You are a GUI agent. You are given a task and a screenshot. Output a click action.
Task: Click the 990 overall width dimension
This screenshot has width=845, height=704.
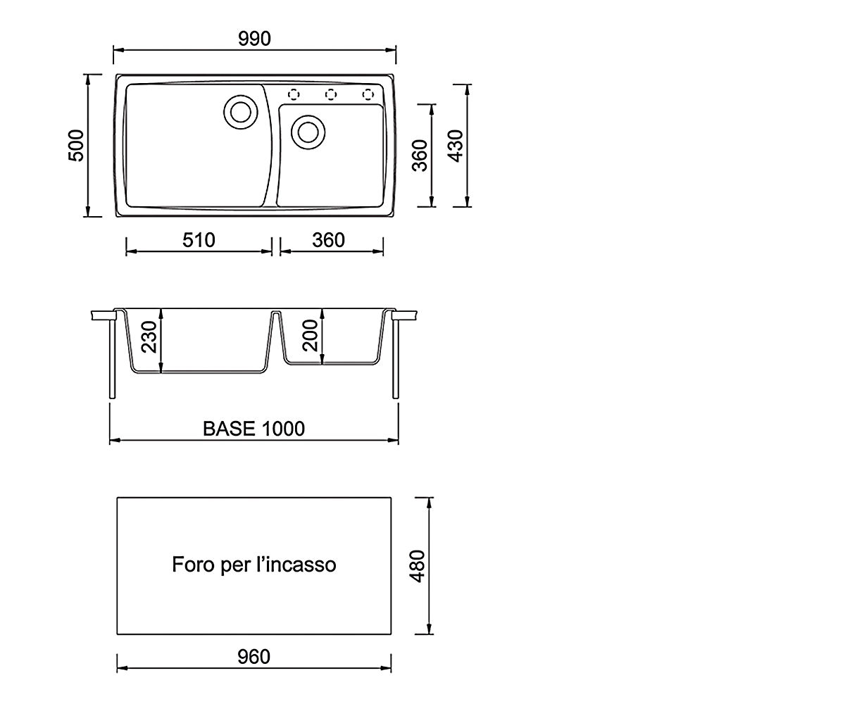tap(254, 39)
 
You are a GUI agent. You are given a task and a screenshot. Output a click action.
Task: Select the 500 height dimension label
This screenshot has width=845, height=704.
tap(76, 146)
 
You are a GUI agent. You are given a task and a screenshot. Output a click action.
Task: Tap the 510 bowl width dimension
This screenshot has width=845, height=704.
tap(199, 240)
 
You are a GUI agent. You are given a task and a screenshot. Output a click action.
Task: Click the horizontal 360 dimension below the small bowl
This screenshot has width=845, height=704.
tap(328, 240)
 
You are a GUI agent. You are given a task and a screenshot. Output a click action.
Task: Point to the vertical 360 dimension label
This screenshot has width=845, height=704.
tap(420, 156)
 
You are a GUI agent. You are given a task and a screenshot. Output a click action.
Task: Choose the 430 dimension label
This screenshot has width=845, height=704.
tap(456, 146)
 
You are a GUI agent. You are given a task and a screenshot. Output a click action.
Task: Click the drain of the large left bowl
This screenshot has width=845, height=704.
tap(241, 112)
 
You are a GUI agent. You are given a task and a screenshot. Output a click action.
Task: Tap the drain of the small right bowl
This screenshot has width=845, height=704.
tap(308, 132)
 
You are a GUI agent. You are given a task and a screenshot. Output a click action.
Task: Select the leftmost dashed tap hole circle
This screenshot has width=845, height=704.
tap(294, 94)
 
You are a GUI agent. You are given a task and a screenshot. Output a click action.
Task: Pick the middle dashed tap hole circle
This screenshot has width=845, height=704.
tap(331, 94)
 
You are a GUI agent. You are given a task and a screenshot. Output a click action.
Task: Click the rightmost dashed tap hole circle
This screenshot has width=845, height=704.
tap(368, 94)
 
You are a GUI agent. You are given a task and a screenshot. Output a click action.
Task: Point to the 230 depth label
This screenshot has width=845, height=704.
tap(149, 337)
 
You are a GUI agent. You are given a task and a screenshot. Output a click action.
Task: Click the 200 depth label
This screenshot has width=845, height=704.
tap(311, 335)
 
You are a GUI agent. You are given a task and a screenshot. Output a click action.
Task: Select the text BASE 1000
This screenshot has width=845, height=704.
tap(254, 429)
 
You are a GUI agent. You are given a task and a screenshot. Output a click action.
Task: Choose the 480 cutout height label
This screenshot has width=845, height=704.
tap(418, 566)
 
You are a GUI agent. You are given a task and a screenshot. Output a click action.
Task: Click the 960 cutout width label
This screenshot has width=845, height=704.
tap(254, 658)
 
